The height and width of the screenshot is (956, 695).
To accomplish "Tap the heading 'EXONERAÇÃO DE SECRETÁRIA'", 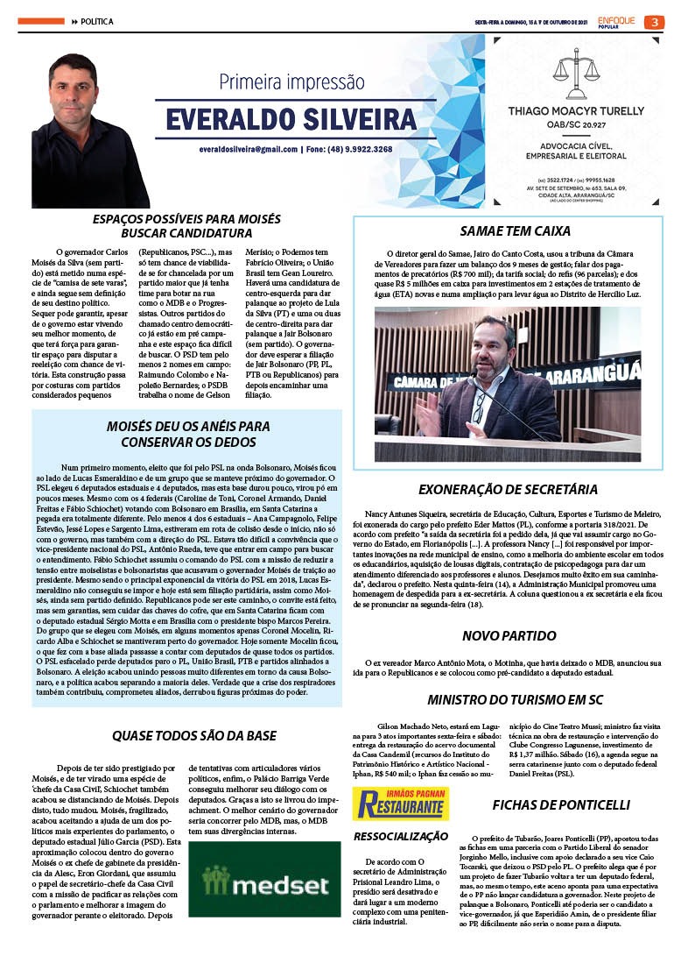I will [508, 489].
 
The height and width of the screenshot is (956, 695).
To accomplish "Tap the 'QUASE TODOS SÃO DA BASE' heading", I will [193, 735].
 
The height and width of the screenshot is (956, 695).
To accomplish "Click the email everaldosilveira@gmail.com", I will [249, 149].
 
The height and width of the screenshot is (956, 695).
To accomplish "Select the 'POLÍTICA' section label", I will [96, 21].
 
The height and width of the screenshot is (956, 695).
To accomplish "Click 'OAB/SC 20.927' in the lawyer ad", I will [576, 124].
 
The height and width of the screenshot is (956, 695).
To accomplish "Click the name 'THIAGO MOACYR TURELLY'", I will [576, 110].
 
